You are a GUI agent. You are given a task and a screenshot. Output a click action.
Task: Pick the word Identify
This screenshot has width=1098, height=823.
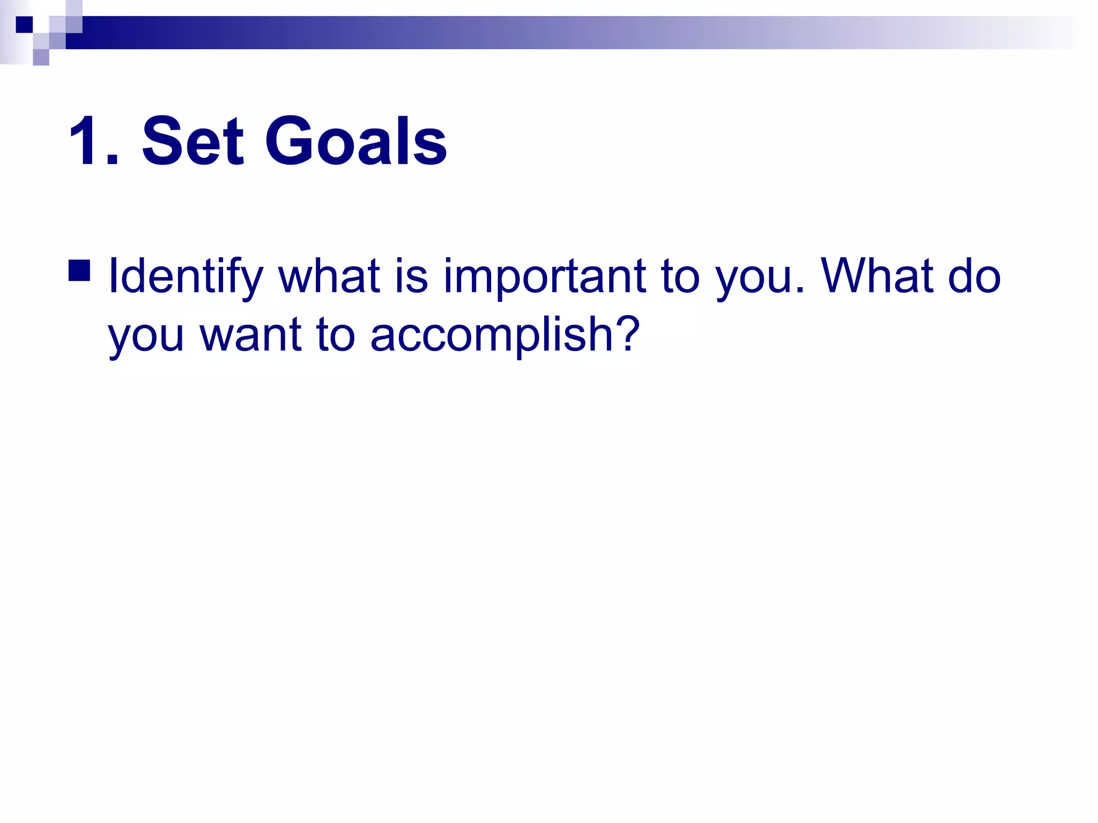click(185, 276)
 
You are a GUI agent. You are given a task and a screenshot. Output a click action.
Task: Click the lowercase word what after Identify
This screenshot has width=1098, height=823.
click(329, 276)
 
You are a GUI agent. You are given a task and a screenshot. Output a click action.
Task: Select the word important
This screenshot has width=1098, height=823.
click(544, 276)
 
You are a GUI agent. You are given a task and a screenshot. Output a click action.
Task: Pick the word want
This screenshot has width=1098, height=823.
click(250, 335)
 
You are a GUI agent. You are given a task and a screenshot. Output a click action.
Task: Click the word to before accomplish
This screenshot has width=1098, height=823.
click(336, 335)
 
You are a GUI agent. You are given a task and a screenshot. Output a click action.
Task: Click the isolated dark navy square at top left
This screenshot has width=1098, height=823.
click(24, 25)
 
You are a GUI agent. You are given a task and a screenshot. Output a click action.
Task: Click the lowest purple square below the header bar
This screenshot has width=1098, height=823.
click(41, 57)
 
